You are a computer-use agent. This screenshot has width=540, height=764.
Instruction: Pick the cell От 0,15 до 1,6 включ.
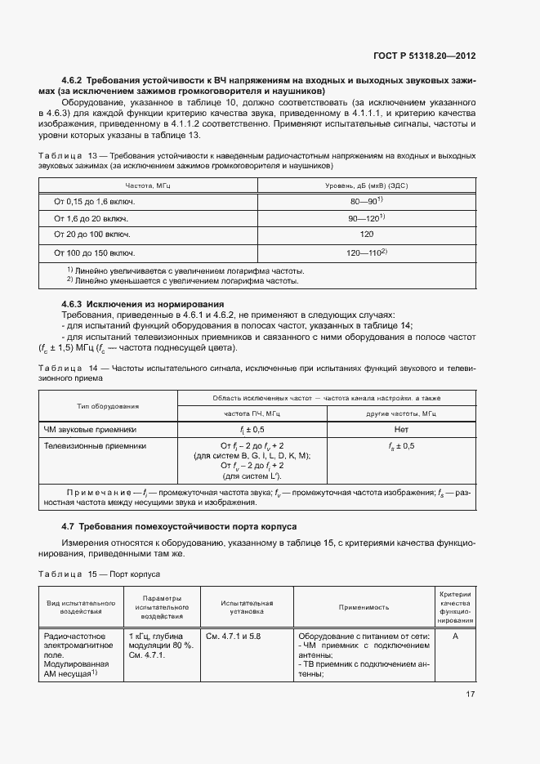click(x=94, y=201)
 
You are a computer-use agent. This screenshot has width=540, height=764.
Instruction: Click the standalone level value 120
click(x=366, y=235)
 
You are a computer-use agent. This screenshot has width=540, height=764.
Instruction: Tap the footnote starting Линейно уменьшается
click(x=183, y=280)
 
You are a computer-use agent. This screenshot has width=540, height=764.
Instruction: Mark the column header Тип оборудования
click(x=108, y=406)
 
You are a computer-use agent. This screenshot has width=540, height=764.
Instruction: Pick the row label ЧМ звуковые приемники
click(x=90, y=429)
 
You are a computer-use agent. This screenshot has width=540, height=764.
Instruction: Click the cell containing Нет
click(x=400, y=429)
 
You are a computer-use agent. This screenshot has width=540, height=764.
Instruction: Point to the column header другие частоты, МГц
click(x=400, y=414)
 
